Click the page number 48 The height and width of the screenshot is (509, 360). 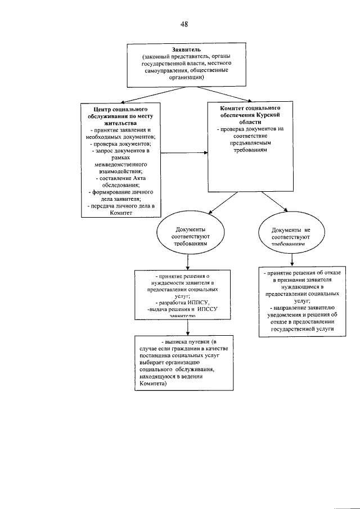click(x=184, y=24)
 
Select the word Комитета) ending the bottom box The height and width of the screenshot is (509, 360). click(x=153, y=386)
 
